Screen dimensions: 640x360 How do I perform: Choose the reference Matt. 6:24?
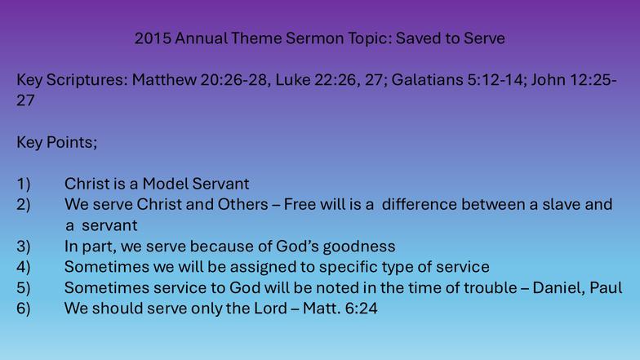(340, 309)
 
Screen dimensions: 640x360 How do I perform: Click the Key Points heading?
(57, 142)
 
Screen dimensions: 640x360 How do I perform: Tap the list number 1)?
(23, 184)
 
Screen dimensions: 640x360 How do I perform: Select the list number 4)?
(23, 267)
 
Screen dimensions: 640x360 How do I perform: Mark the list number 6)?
(23, 309)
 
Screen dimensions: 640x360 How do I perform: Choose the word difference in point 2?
(420, 204)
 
